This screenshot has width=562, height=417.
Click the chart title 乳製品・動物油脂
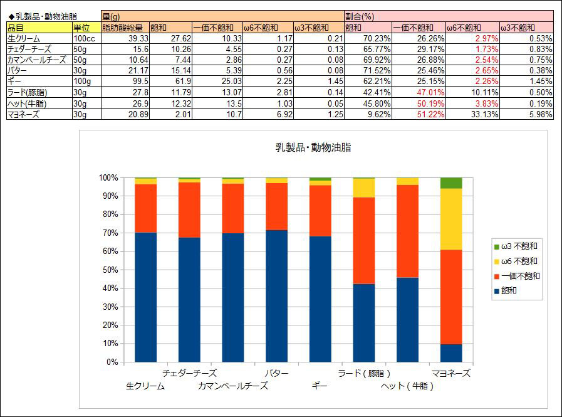[313, 148]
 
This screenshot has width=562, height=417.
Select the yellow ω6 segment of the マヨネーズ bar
[451, 219]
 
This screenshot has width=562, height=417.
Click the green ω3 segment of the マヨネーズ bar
[451, 183]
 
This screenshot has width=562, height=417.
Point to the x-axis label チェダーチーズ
[189, 373]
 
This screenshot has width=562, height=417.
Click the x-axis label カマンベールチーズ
[232, 386]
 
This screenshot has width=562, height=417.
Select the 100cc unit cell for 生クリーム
[85, 38]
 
